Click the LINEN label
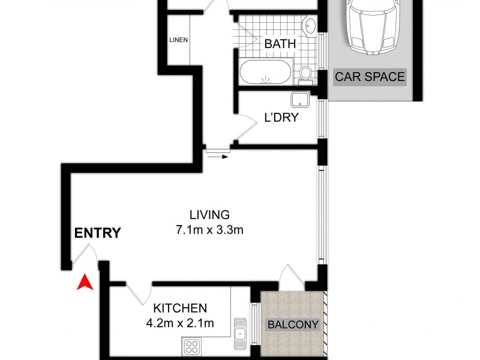click(179, 41)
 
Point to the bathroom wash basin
click(310, 26)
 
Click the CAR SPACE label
click(370, 77)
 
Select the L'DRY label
click(281, 118)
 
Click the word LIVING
click(209, 214)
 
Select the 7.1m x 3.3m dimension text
click(209, 229)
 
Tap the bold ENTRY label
click(97, 233)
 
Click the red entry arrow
click(85, 281)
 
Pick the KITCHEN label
click(181, 308)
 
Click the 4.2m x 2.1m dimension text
click(181, 323)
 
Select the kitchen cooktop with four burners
click(193, 346)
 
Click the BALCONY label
click(293, 325)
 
